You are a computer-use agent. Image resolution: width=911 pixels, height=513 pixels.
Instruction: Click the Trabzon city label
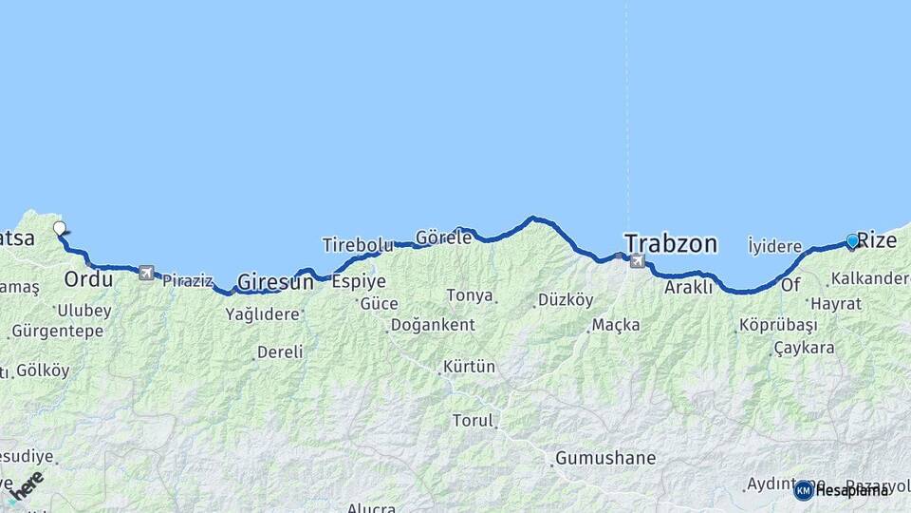coord(670,243)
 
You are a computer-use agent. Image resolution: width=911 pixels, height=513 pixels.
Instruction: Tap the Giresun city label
coord(275,282)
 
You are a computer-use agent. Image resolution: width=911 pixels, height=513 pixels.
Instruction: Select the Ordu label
coord(88,279)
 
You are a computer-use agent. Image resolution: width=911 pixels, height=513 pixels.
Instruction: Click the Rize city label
coord(877,240)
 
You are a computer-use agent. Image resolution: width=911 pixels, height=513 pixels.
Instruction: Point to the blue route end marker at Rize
coord(852,241)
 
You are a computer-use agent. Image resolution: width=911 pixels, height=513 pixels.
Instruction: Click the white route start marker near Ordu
coord(60,228)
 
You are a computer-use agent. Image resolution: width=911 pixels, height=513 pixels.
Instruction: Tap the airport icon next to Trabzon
coord(636,261)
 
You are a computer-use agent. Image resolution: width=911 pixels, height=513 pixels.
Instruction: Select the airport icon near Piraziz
coord(146,274)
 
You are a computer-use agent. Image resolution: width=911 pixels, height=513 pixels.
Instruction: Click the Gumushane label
coord(605,458)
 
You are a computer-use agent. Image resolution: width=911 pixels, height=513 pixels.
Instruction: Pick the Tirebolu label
coord(357,245)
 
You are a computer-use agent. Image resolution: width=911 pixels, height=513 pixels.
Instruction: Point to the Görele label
coord(443,237)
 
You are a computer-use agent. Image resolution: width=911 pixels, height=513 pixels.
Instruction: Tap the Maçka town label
coord(616,325)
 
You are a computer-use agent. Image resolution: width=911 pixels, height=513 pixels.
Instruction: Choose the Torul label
coord(473,420)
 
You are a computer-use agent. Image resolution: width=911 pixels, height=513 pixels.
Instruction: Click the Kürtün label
coord(470,366)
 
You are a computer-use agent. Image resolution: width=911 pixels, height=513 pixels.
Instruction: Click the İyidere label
coord(774,247)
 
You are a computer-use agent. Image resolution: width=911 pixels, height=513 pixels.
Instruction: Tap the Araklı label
coord(689,287)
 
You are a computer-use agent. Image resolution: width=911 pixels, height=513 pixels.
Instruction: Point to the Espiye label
coord(359,281)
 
